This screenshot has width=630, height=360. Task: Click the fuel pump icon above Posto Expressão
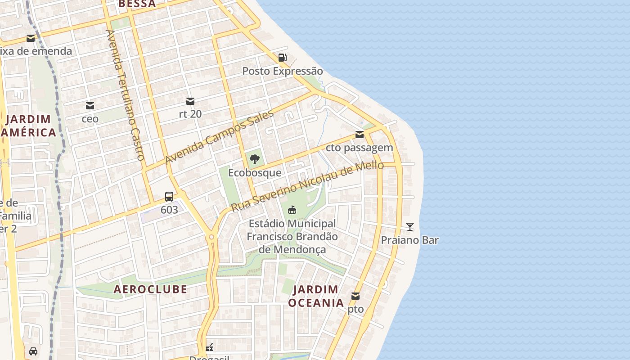point(282,58)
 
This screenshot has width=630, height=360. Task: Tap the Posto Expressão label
point(283,71)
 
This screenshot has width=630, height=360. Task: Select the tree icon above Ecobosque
point(255,159)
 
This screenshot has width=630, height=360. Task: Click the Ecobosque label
point(255,173)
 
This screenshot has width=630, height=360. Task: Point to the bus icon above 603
point(169,197)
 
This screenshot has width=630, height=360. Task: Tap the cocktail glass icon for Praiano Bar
point(410,226)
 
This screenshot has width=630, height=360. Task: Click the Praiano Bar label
point(410,240)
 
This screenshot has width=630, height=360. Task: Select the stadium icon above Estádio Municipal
point(292,210)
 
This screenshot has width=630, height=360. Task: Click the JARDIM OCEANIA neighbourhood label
point(316,296)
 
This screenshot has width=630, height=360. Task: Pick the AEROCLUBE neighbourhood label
point(150,289)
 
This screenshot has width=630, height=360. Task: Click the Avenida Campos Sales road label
point(219,137)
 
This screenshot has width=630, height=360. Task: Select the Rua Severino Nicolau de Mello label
point(307,186)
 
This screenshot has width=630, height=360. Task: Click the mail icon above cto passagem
point(360,135)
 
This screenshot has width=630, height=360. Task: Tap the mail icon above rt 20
point(190,101)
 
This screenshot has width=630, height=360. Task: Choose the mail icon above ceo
point(90,106)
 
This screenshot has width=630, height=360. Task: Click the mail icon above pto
point(355,296)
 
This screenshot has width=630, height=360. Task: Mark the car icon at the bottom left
point(33,351)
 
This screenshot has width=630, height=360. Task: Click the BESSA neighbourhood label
point(137,4)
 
